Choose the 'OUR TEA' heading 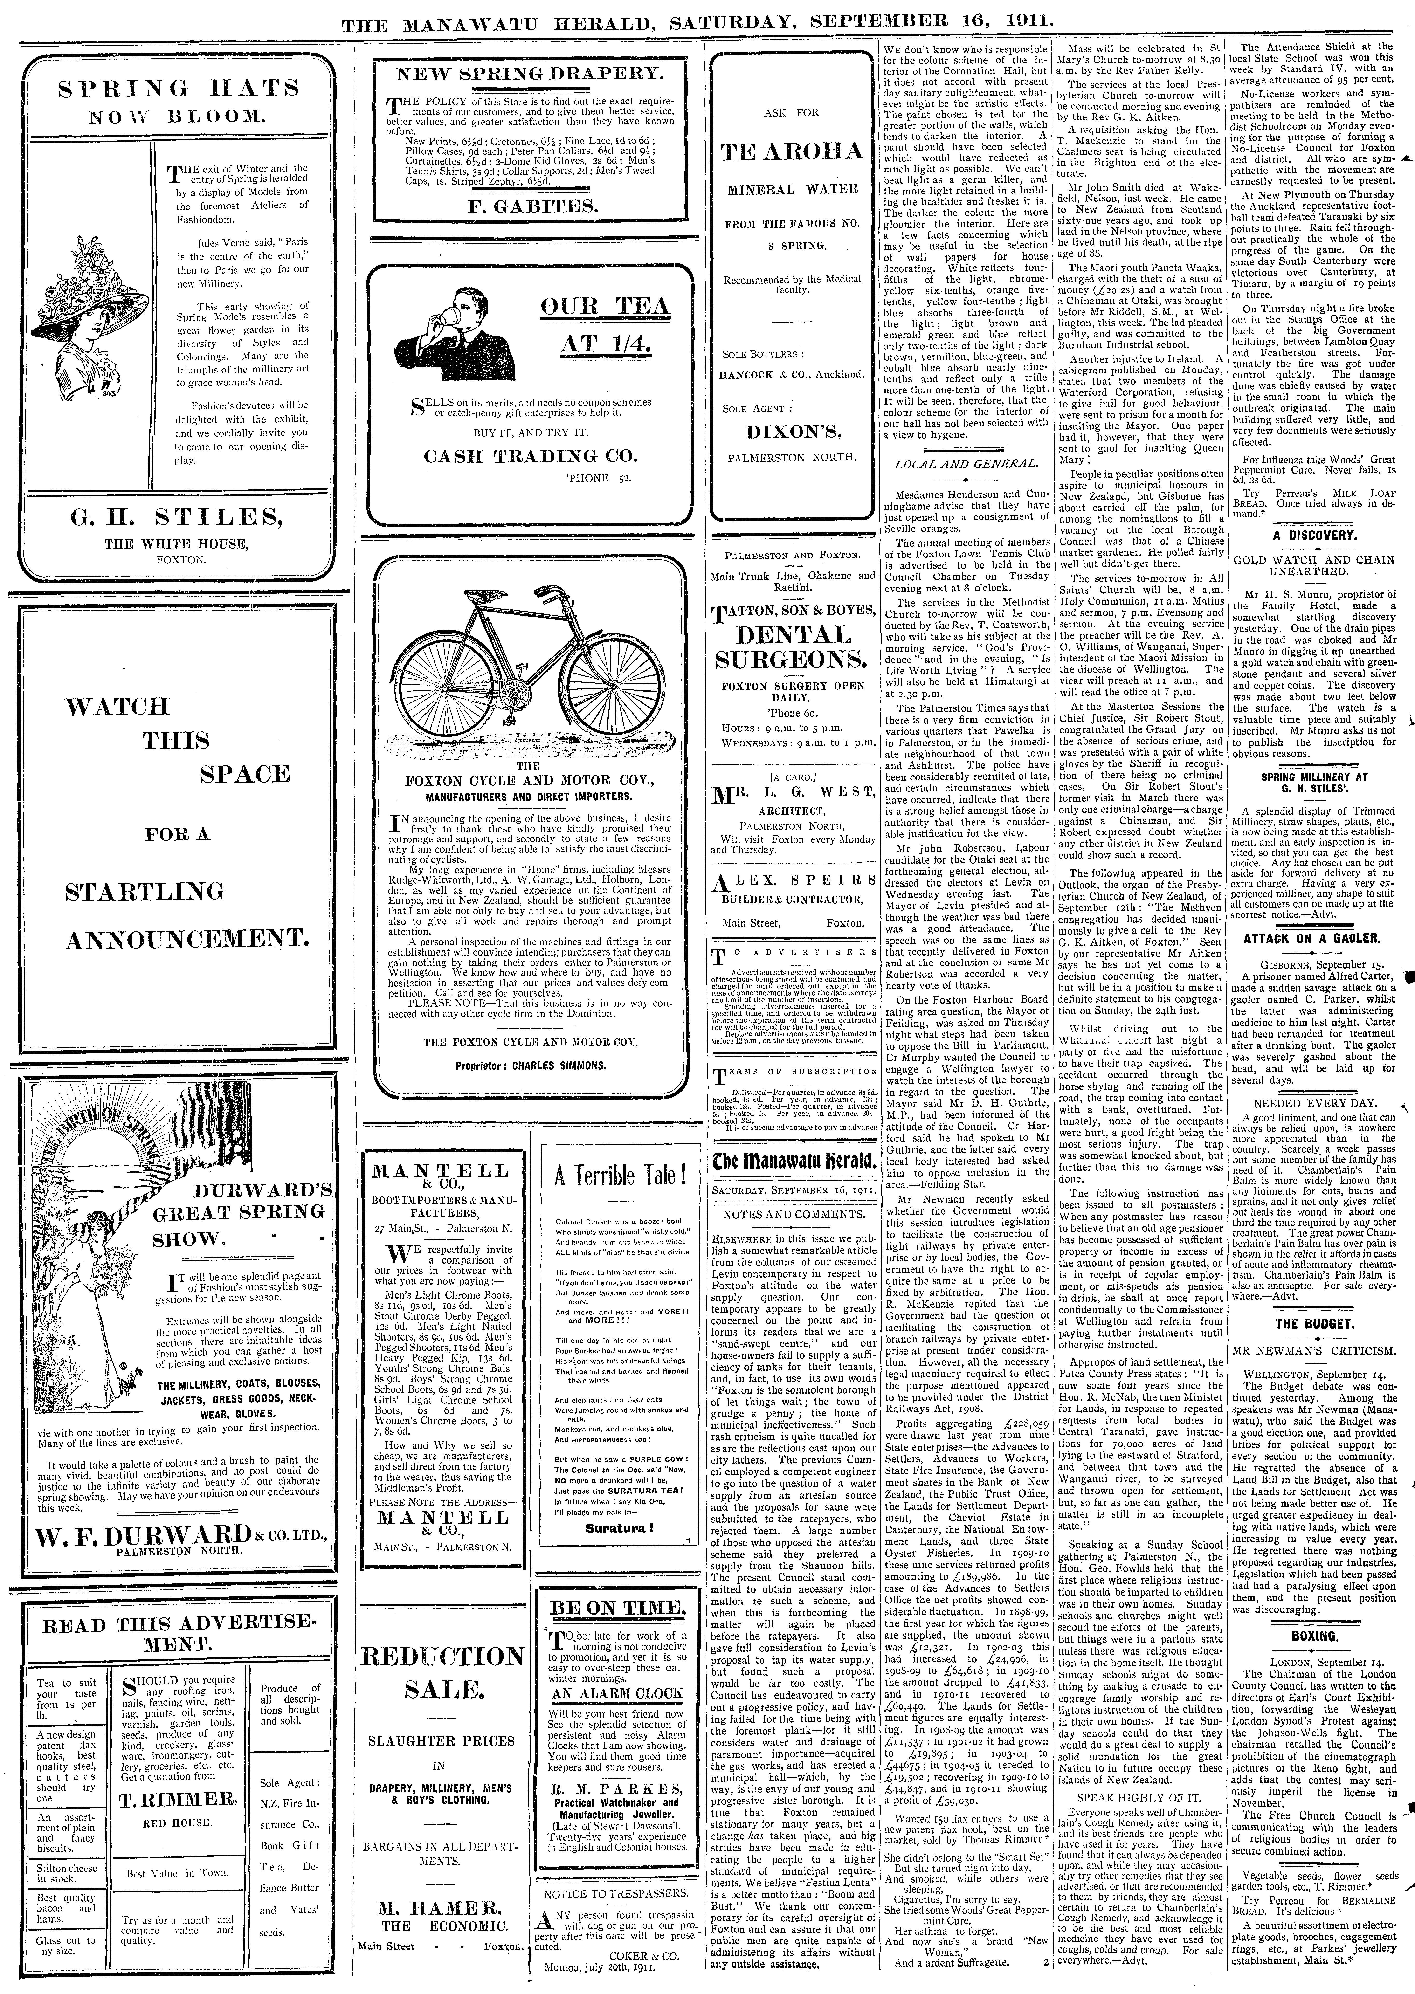[x=605, y=306]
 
